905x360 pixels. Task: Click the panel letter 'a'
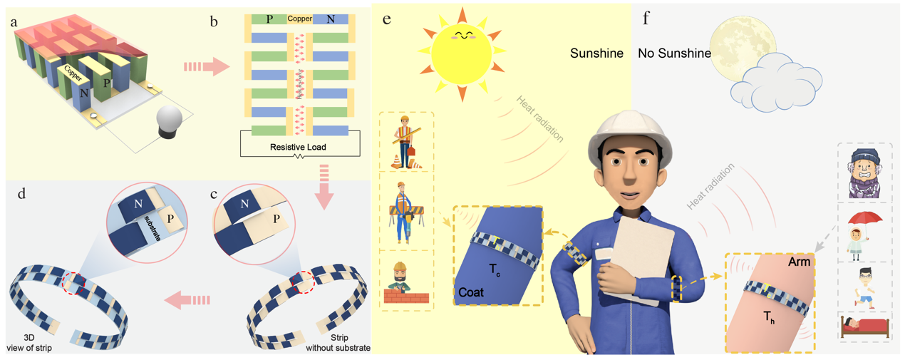14,22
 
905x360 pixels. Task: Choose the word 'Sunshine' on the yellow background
596,53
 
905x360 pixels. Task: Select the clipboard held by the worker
638,257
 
